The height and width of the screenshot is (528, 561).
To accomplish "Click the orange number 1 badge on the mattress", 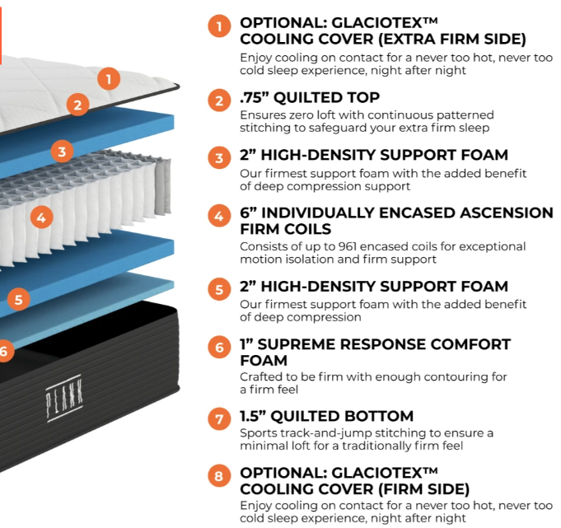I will [109, 79].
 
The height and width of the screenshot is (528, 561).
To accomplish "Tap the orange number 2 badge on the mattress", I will [77, 105].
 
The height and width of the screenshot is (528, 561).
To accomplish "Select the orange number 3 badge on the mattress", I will [61, 151].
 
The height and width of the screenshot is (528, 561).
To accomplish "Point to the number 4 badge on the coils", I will [40, 218].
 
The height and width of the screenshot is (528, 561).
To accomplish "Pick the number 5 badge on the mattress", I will [18, 299].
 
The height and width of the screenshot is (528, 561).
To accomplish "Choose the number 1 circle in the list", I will [218, 27].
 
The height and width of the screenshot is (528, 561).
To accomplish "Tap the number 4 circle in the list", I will [218, 217].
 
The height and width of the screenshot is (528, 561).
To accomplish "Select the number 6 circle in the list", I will [218, 348].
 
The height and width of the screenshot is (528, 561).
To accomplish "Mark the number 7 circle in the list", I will [218, 419].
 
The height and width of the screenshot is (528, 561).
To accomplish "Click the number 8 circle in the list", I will [218, 477].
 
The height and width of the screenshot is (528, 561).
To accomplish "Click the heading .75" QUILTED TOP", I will [309, 99].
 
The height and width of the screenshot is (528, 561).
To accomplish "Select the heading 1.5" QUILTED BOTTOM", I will [326, 417].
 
